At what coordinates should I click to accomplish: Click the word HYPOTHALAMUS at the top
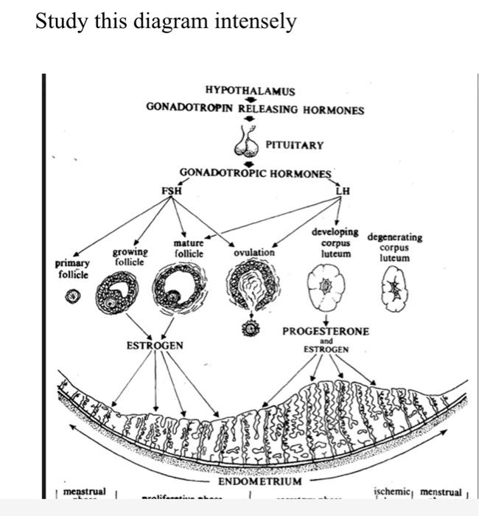coord(250,91)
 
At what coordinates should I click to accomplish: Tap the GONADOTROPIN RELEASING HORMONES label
coord(255,110)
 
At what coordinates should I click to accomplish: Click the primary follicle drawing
coord(71,296)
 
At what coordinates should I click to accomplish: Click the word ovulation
coord(254,252)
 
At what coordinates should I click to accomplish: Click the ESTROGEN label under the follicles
coord(155,345)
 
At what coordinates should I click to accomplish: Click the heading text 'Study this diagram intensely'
coord(166,21)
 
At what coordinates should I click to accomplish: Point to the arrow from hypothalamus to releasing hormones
coord(250,100)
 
